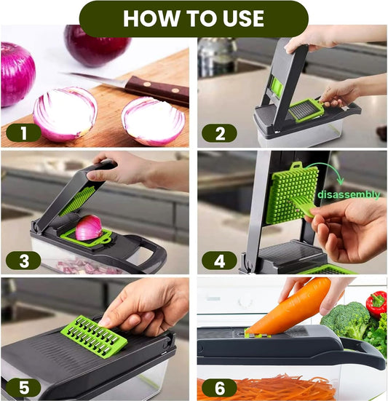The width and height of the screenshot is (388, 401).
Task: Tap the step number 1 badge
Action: (x=23, y=133)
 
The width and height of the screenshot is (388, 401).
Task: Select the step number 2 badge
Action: (x=219, y=133)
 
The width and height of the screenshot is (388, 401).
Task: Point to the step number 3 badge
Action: (x=23, y=261)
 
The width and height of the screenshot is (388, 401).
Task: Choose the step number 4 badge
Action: (x=219, y=261)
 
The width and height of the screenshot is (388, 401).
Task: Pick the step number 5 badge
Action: (x=23, y=387)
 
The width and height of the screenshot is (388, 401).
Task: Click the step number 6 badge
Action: (x=219, y=387)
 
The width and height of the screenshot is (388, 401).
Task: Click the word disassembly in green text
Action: (x=349, y=194)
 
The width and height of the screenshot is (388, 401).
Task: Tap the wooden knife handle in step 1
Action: (x=157, y=90)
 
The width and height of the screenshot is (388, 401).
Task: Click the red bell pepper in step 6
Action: (x=376, y=303)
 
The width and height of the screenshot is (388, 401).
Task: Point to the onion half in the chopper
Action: (x=89, y=228)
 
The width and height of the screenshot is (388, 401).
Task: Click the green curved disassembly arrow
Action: (x=330, y=170)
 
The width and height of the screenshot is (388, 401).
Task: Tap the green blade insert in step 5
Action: (x=94, y=336)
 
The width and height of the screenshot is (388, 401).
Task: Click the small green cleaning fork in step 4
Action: (x=302, y=206)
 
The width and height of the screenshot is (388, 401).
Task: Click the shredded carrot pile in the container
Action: (x=266, y=387)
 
